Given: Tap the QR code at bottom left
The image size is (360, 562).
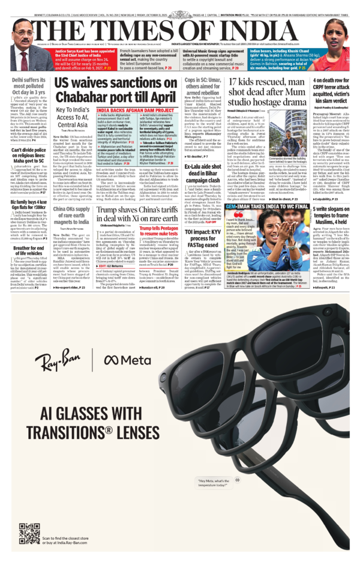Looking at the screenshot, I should tap(29, 532).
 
